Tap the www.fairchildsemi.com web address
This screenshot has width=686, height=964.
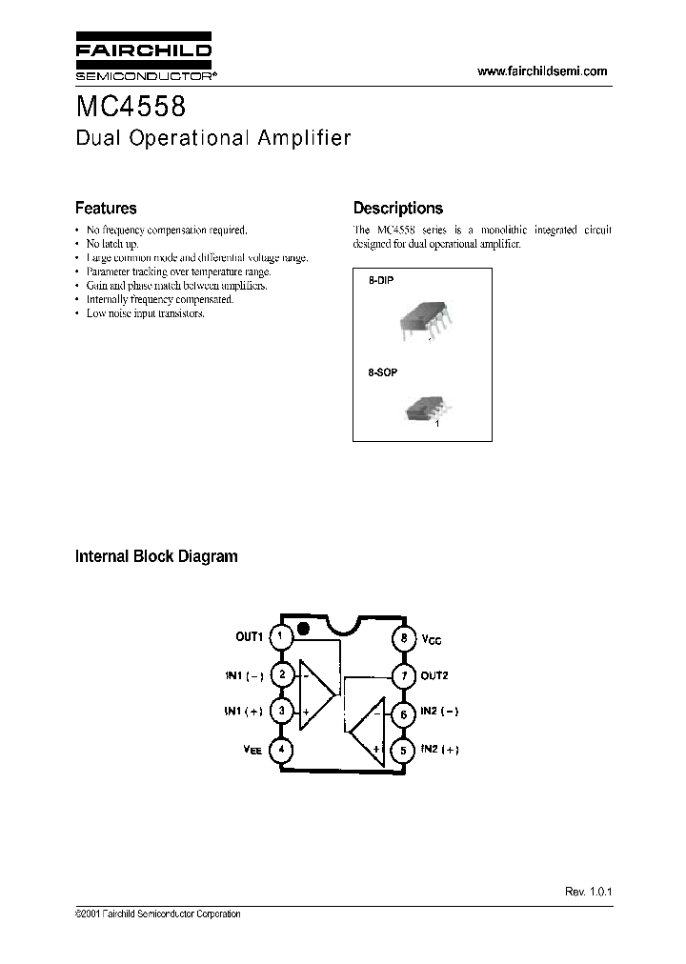pos(541,71)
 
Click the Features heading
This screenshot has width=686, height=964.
pos(106,208)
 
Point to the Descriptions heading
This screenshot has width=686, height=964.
pos(397,208)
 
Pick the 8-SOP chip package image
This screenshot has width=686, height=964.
pos(423,409)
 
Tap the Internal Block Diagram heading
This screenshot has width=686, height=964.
pos(156,556)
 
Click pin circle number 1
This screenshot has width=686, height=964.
pos(280,636)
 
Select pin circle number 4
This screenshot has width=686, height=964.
pos(280,750)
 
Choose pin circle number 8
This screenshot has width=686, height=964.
pos(404,637)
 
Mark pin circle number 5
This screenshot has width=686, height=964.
pos(404,750)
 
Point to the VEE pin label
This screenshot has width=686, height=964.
pos(252,751)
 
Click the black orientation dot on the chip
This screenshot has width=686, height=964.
pos(303,629)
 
